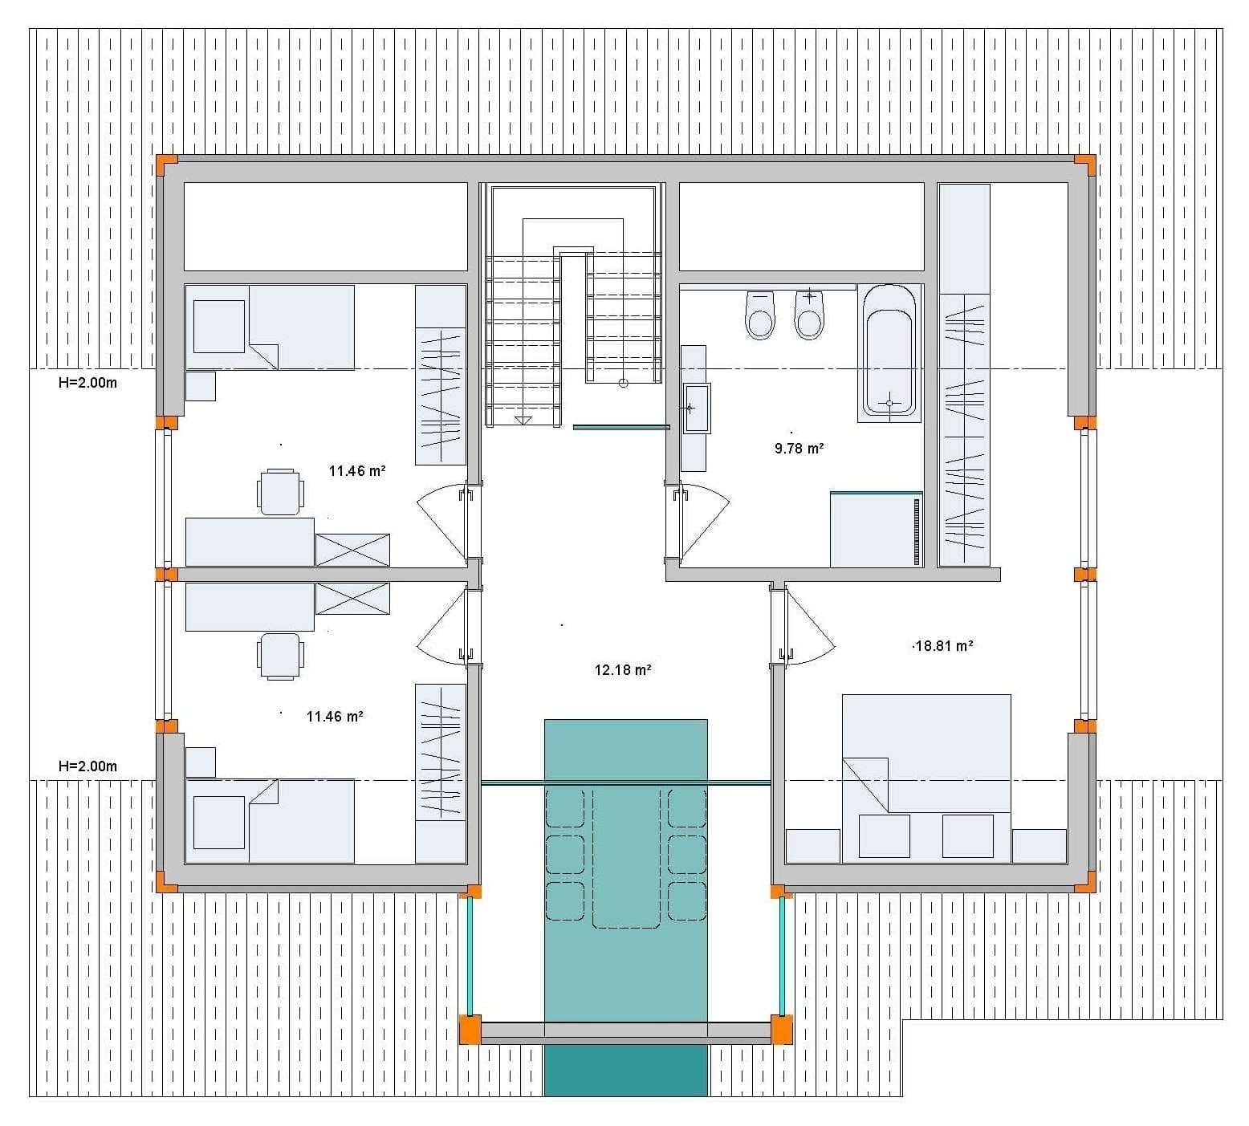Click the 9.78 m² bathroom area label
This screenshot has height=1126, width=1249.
click(799, 449)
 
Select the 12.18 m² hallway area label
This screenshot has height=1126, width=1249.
click(622, 669)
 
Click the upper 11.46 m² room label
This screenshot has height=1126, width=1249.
click(357, 471)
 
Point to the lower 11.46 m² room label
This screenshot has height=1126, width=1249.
click(335, 716)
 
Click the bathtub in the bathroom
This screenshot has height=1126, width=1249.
click(888, 352)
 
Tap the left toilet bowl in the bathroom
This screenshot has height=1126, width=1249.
click(760, 315)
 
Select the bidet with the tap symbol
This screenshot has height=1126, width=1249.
click(809, 315)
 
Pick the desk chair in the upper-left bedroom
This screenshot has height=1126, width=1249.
click(281, 491)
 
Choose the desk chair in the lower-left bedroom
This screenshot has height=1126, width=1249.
click(281, 656)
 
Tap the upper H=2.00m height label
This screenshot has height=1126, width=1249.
click(87, 383)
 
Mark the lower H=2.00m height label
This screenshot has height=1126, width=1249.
click(87, 766)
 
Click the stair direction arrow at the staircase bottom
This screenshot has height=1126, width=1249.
click(523, 420)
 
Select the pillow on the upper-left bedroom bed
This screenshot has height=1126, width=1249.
click(219, 326)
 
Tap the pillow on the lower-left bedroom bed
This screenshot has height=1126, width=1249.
click(219, 822)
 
